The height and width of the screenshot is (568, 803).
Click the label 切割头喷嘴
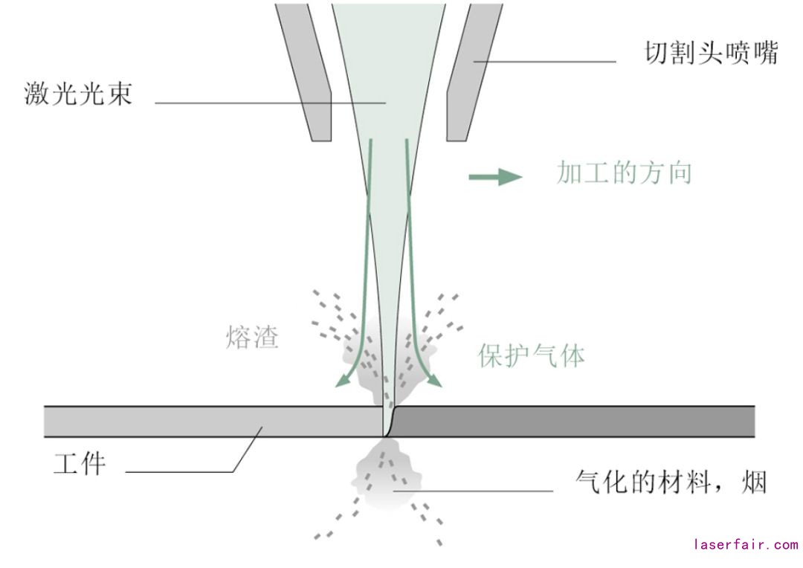(x=709, y=54)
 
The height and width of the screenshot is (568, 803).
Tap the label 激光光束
(x=78, y=94)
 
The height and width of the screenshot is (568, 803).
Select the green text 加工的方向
(x=624, y=173)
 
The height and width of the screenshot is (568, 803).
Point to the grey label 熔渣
(x=252, y=338)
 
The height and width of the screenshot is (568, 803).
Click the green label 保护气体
(x=531, y=355)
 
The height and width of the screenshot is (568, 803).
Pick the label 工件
(x=80, y=464)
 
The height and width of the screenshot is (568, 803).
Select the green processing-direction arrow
(x=494, y=177)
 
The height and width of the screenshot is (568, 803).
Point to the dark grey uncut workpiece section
(x=573, y=422)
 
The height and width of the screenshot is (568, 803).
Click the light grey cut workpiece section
(x=208, y=422)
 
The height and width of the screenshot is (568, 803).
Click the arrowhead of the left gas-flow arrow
(x=342, y=381)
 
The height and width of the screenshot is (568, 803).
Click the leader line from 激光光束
(x=268, y=103)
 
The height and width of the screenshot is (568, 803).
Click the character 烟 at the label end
(x=753, y=484)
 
